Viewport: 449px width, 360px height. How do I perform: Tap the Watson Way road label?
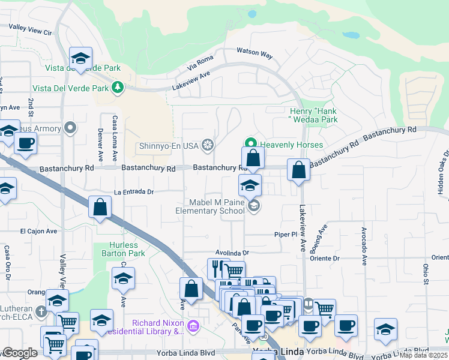[x=255, y=53]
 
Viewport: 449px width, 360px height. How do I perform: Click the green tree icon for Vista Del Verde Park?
[x=118, y=88]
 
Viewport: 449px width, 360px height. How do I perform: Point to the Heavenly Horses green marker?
[x=250, y=144]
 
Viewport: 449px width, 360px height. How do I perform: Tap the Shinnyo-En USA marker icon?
[x=208, y=145]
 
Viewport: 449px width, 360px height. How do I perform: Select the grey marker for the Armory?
[x=71, y=128]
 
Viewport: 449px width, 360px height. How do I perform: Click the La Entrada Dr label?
[x=134, y=193]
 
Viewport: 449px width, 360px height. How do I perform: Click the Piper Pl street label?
[x=286, y=235]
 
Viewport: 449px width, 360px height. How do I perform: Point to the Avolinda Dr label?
[x=232, y=254]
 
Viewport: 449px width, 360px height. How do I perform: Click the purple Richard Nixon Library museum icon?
[x=193, y=326]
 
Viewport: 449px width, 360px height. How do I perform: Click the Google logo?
[x=20, y=353]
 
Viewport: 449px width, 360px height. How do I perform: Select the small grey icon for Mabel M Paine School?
[x=254, y=206]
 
